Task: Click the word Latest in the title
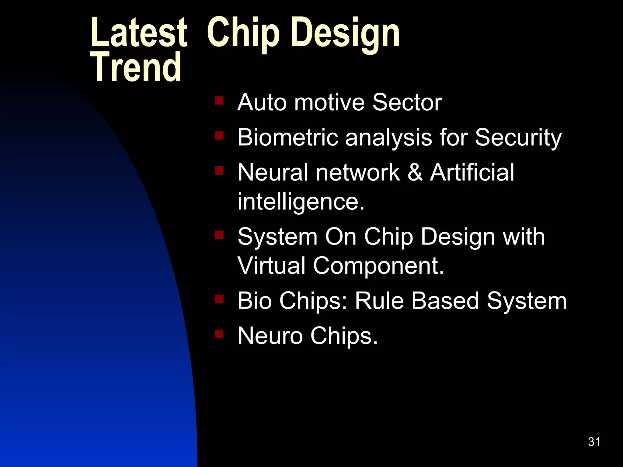[x=138, y=33]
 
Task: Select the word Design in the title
[x=345, y=33]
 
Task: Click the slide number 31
[x=594, y=442]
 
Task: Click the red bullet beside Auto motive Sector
[x=219, y=100]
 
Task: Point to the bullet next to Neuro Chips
[x=219, y=334]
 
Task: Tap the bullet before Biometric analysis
[x=219, y=135]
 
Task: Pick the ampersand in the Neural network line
[x=415, y=172]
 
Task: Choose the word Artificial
[x=472, y=172]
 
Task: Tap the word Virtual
[x=271, y=265]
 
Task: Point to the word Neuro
[x=270, y=336]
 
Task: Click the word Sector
[x=407, y=102]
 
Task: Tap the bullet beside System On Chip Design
[x=219, y=235]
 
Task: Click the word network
[x=358, y=172]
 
